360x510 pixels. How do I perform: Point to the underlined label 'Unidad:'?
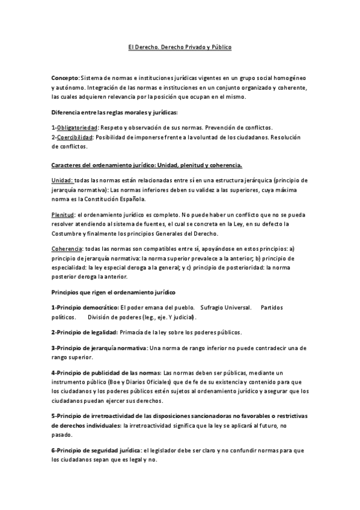(63, 180)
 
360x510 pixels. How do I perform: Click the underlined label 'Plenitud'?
(63, 215)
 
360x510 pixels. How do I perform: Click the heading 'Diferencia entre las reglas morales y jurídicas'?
(114, 112)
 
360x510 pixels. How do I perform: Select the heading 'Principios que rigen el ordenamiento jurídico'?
(113, 292)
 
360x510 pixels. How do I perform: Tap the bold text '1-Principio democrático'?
(84, 307)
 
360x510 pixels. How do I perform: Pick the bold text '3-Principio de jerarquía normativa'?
(99, 348)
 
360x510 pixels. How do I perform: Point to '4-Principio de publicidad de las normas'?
(106, 373)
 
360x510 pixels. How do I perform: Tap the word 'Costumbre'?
(68, 233)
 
